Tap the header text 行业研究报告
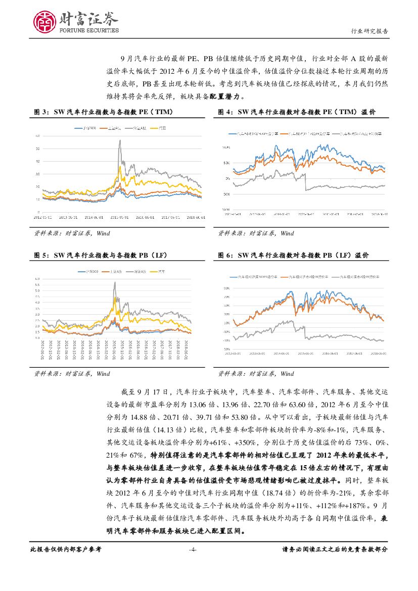point(369,31)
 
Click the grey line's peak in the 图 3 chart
point(120,140)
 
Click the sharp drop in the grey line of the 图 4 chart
point(305,182)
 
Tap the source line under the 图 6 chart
point(256,374)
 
